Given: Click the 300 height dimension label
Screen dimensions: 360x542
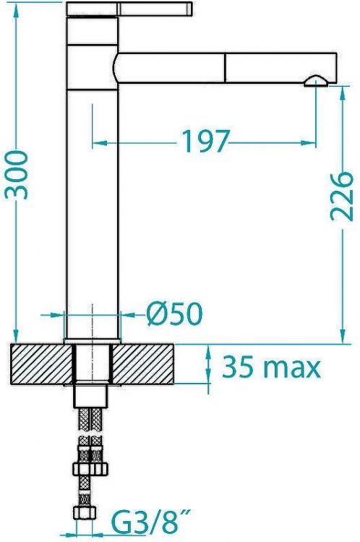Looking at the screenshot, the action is coord(16,175).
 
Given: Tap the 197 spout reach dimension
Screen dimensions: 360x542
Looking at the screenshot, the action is coord(205,141).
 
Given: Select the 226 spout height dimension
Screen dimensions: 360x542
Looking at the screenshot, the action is coord(341,196).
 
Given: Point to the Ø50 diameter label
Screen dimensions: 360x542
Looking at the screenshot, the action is coord(173,314).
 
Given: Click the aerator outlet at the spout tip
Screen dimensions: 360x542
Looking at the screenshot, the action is coord(316,81).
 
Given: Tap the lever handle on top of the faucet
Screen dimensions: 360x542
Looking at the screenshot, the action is coord(129,9).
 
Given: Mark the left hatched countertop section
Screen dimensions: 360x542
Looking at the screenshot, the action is coord(41,364).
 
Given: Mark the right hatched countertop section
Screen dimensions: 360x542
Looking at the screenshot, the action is coord(143,364).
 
